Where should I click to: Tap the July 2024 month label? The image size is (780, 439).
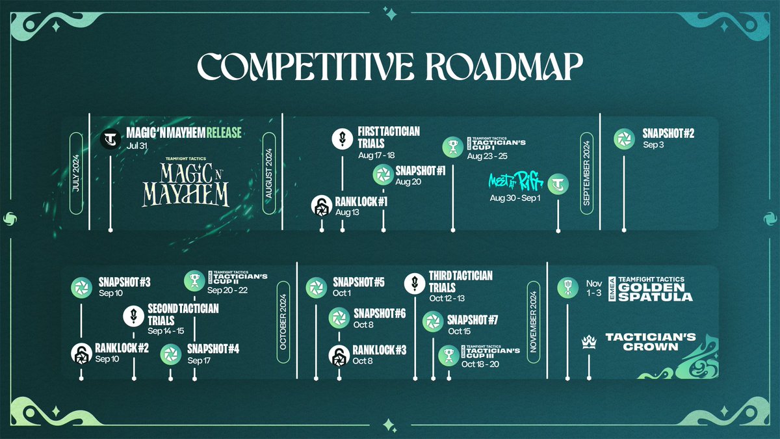coord(75,174)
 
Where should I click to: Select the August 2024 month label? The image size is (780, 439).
coord(268,174)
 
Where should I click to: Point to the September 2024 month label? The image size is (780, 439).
coord(587,174)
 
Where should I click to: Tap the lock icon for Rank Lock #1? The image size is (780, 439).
coord(321,206)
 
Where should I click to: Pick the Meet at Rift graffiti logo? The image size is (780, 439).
coord(514,181)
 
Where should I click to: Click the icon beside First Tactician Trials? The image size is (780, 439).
coord(343,138)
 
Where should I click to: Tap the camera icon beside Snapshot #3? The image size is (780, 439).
coord(82,287)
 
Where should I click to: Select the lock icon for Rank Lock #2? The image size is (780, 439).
coord(81,353)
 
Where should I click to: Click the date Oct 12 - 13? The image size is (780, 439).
coord(447,299)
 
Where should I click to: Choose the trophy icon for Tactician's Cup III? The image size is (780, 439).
coord(448,355)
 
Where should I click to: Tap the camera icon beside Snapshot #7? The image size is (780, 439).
coord(433,322)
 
